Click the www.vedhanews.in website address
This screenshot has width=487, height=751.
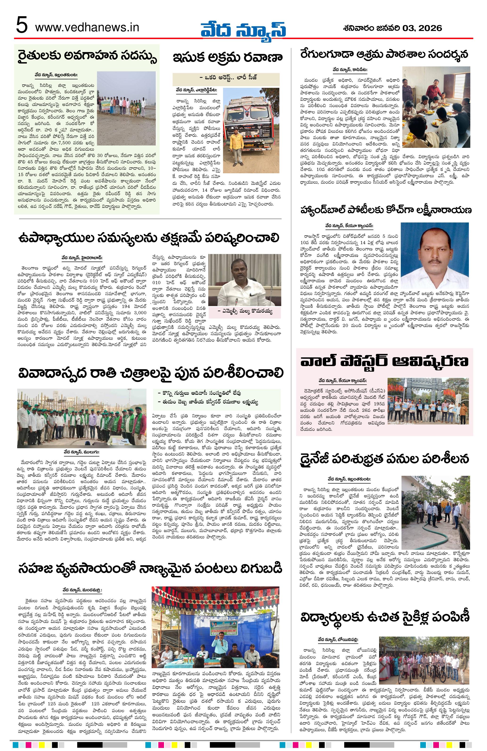tap(87, 28)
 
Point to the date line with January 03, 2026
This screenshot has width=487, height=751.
tap(392, 28)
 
